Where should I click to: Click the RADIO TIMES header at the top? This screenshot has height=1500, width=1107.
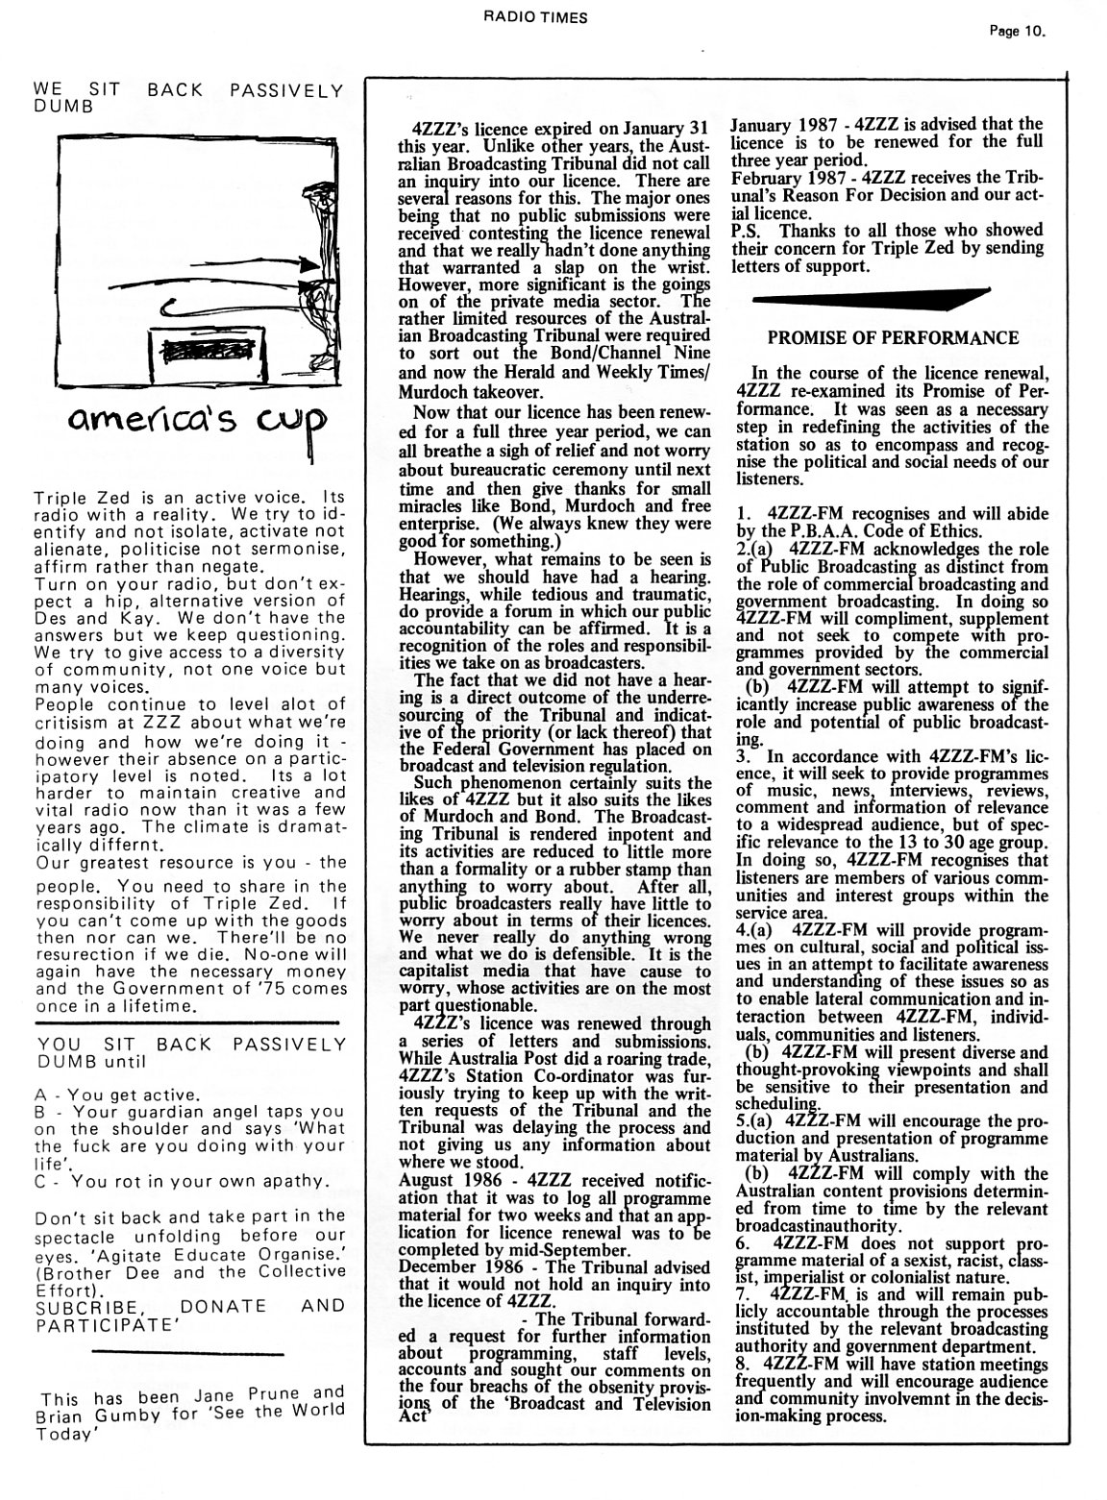[x=549, y=16]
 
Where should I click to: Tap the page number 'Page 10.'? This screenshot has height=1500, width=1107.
[x=1017, y=31]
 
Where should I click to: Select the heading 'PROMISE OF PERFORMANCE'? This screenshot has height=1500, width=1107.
[x=893, y=338]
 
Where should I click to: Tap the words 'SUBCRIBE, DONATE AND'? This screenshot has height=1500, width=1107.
[x=188, y=1307]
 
